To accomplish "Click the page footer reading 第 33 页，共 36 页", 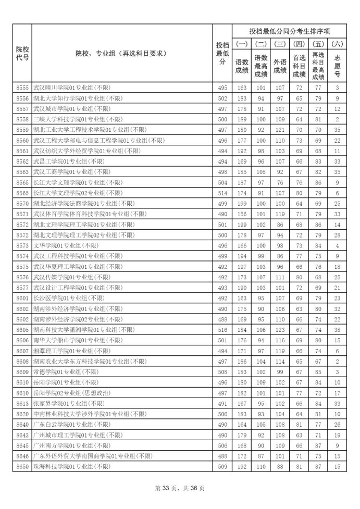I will (180, 488).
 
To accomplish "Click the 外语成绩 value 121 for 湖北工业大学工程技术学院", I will (280, 130).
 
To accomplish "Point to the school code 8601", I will (22, 298).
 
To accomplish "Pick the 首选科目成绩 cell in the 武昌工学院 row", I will (299, 162).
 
